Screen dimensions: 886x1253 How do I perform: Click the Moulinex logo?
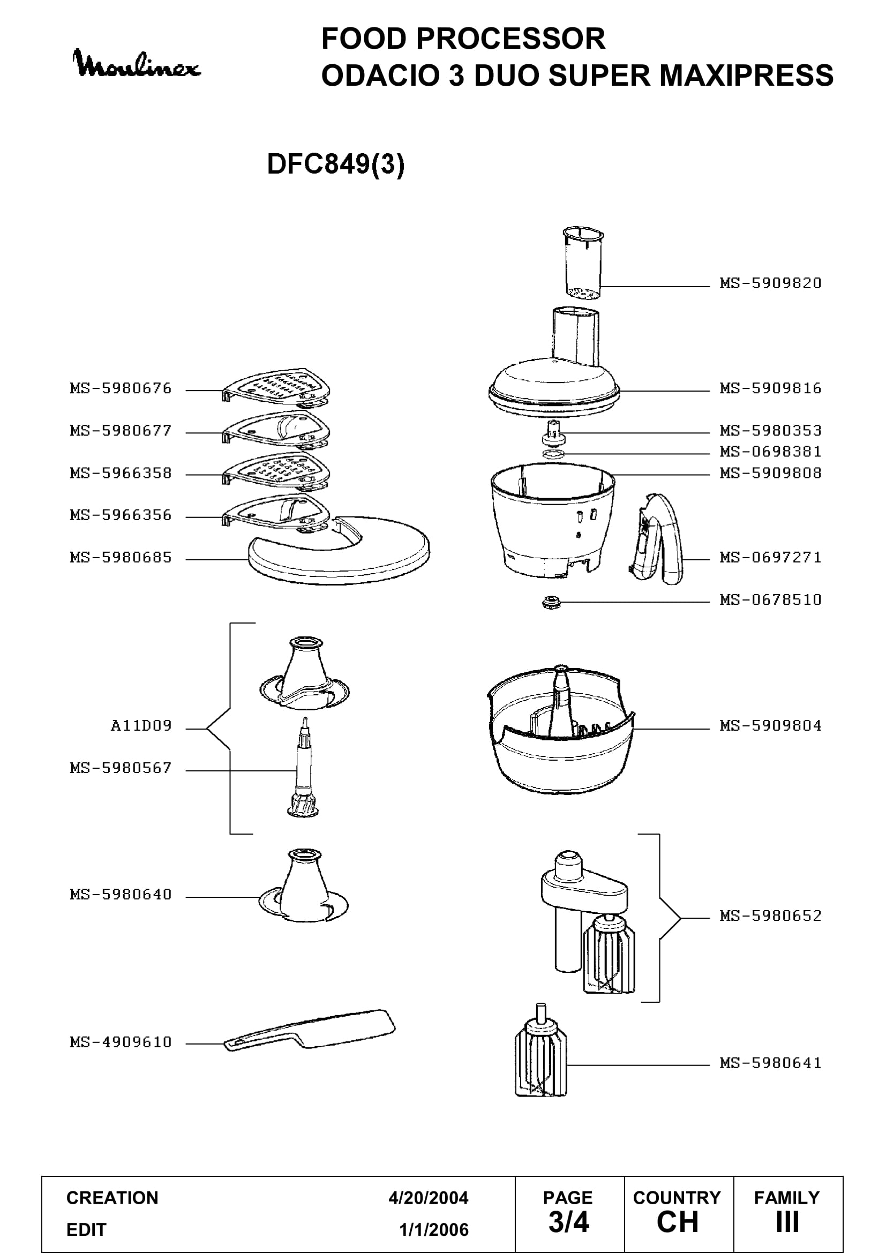[137, 64]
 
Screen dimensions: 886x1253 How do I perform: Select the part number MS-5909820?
[770, 283]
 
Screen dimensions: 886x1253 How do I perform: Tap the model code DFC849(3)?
[336, 164]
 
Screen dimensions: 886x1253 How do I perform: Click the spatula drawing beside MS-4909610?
[310, 1031]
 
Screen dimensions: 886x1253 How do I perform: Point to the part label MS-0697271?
[770, 557]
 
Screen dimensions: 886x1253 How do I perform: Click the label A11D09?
[141, 725]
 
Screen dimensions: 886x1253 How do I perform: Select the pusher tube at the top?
[583, 264]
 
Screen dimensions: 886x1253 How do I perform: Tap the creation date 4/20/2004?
[429, 1198]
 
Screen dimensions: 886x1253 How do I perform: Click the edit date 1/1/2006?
[434, 1229]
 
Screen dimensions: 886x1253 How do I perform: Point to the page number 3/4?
[568, 1222]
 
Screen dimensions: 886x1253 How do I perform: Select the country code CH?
[678, 1222]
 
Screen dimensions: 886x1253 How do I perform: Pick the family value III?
[787, 1222]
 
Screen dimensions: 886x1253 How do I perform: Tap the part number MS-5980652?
[770, 915]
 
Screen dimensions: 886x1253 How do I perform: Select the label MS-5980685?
[121, 557]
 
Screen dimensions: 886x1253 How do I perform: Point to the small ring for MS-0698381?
[553, 454]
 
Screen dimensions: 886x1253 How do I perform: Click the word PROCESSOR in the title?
[510, 39]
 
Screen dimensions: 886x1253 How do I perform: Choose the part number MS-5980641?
[770, 1062]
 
